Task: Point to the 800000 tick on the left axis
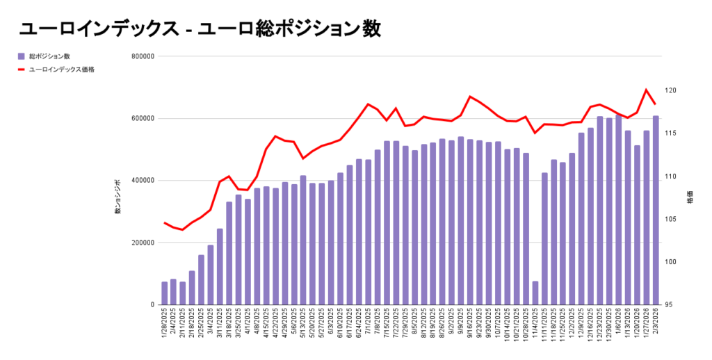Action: tap(142, 57)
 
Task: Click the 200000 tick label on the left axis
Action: tap(142, 243)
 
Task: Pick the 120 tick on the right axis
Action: tap(670, 91)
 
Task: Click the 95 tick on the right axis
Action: tap(669, 304)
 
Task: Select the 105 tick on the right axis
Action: tap(670, 220)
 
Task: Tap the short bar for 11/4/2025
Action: tap(535, 293)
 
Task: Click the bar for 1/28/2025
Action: tap(165, 293)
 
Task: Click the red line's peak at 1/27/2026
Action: tap(646, 90)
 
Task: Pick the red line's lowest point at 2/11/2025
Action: tap(183, 229)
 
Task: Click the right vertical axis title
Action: tap(688, 197)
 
